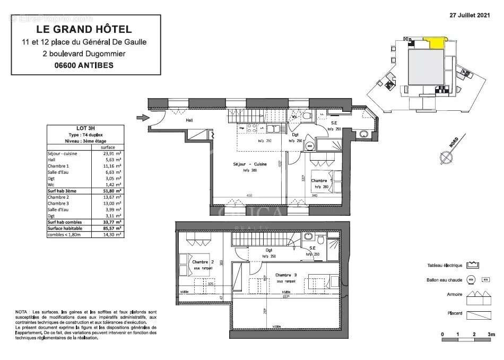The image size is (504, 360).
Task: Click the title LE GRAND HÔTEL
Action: tap(84, 30)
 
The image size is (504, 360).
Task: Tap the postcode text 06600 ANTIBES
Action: tap(84, 65)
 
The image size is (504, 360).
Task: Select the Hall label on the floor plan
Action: tap(189, 120)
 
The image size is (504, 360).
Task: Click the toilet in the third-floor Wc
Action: tap(307, 117)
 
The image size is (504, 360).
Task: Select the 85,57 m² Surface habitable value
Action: tap(111, 227)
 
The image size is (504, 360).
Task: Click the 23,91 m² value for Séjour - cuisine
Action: tap(111, 153)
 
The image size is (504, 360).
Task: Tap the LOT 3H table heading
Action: tap(85, 128)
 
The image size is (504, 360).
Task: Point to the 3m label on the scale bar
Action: tap(491, 335)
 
